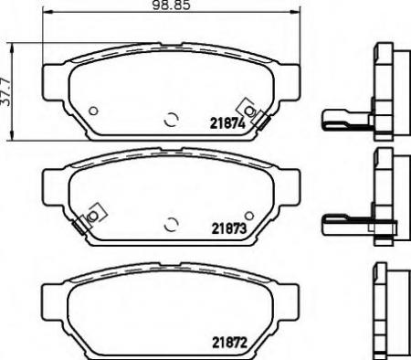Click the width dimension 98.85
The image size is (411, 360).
pyautogui.click(x=166, y=6)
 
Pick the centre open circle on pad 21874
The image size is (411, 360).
pyautogui.click(x=170, y=119)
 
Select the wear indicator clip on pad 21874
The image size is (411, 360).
pyautogui.click(x=248, y=112)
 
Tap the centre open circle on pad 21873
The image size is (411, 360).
pyautogui.click(x=170, y=221)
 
